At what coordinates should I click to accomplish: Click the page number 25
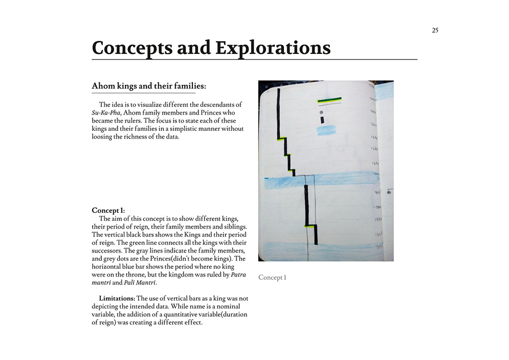(435, 30)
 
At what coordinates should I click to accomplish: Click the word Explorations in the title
(273, 48)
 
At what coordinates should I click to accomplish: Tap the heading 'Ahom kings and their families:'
(149, 86)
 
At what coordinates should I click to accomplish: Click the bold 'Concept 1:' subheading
(108, 210)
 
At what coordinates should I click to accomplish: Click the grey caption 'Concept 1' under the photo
(272, 278)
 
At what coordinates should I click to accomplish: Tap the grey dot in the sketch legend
(321, 112)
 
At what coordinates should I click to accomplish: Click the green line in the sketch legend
(329, 99)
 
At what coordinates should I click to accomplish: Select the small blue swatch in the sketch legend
(325, 130)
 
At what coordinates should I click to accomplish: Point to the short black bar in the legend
(322, 120)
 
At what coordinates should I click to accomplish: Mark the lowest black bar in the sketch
(316, 234)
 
